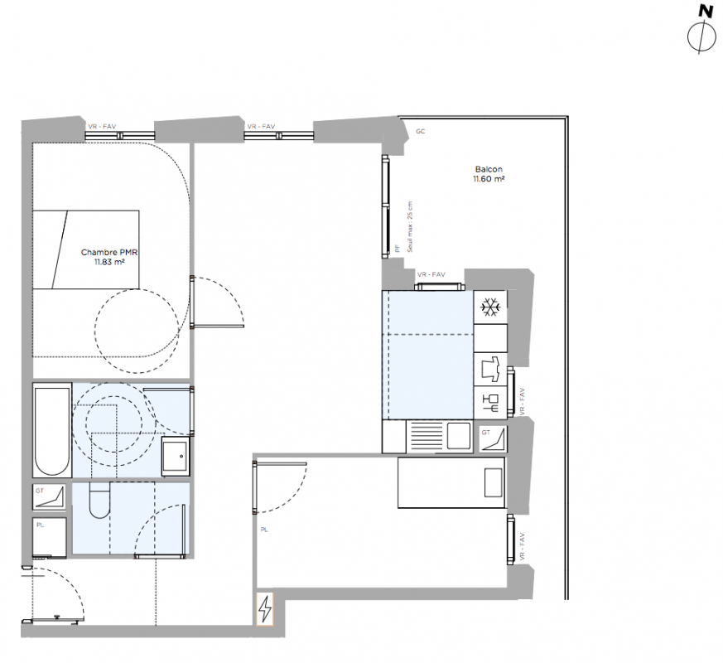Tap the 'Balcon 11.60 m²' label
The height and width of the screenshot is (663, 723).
[x=489, y=174]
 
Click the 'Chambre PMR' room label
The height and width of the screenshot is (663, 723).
[x=109, y=253]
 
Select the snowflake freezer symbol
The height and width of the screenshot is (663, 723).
[x=490, y=307]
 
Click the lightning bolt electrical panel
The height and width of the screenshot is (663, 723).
[x=265, y=609]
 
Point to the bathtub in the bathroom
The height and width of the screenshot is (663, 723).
[x=52, y=430]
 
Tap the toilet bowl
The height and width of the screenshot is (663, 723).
[x=99, y=500]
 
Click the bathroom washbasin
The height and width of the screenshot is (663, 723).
[x=176, y=457]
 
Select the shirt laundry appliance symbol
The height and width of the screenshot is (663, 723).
[x=490, y=369]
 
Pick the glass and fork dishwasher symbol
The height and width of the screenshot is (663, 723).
[x=490, y=403]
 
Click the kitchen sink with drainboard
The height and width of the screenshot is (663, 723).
[x=440, y=436]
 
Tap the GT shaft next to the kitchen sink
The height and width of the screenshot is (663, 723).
[x=493, y=438]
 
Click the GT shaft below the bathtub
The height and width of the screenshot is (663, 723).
[x=50, y=497]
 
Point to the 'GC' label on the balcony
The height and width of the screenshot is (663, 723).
[x=420, y=132]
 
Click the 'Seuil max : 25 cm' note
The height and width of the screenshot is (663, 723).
[x=410, y=226]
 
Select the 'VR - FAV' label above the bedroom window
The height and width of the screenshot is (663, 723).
[x=103, y=127]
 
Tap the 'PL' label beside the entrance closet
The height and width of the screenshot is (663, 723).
[x=40, y=525]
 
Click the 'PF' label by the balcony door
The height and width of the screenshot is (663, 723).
[x=398, y=249]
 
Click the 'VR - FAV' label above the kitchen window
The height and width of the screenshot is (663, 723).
[x=431, y=274]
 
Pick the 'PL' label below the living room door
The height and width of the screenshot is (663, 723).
[x=264, y=530]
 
